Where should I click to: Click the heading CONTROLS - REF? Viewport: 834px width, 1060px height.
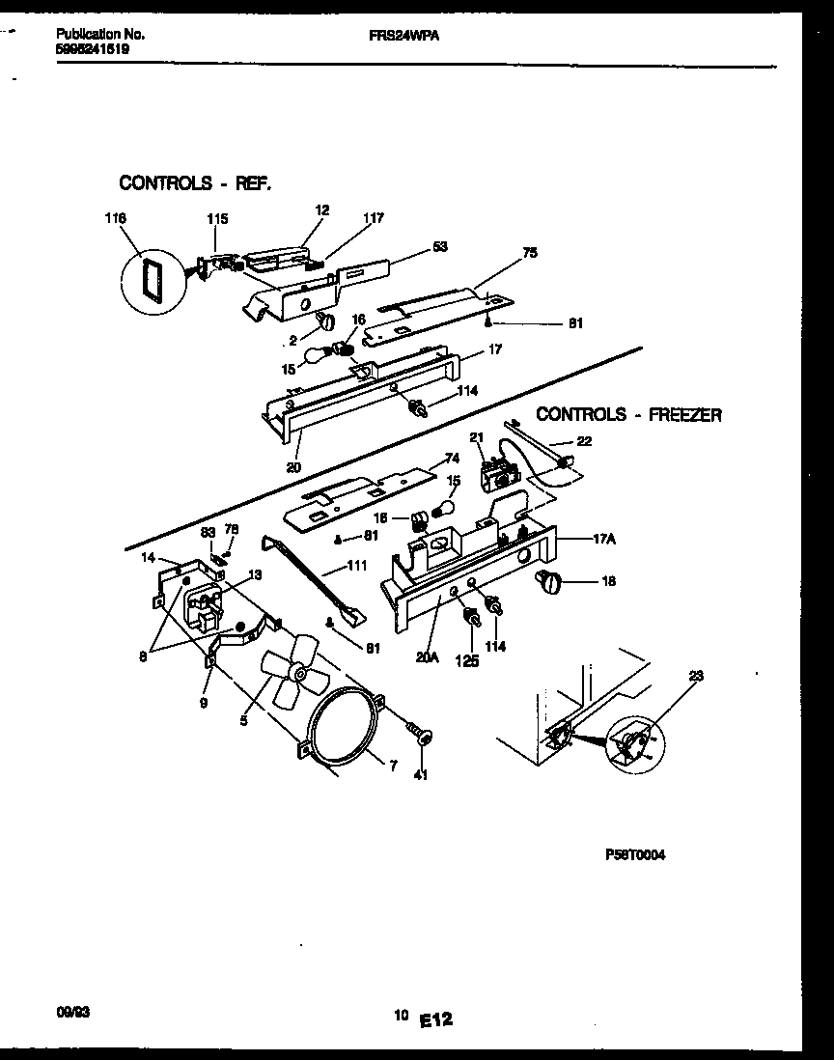tap(194, 181)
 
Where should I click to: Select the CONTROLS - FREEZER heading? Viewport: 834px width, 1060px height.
tap(628, 414)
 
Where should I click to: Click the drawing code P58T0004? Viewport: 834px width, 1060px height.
tap(634, 855)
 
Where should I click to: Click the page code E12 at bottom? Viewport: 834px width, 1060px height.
tap(436, 1018)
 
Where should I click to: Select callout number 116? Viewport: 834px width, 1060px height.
tap(117, 219)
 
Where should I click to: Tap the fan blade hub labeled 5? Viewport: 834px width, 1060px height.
tap(299, 670)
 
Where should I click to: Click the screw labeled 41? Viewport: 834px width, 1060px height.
tap(421, 737)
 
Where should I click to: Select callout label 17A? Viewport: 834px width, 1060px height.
tap(604, 540)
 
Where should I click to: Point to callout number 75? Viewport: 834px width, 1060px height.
tap(530, 252)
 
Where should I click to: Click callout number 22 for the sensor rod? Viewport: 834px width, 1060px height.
tap(585, 440)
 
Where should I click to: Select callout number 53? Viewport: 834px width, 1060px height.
tap(440, 247)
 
